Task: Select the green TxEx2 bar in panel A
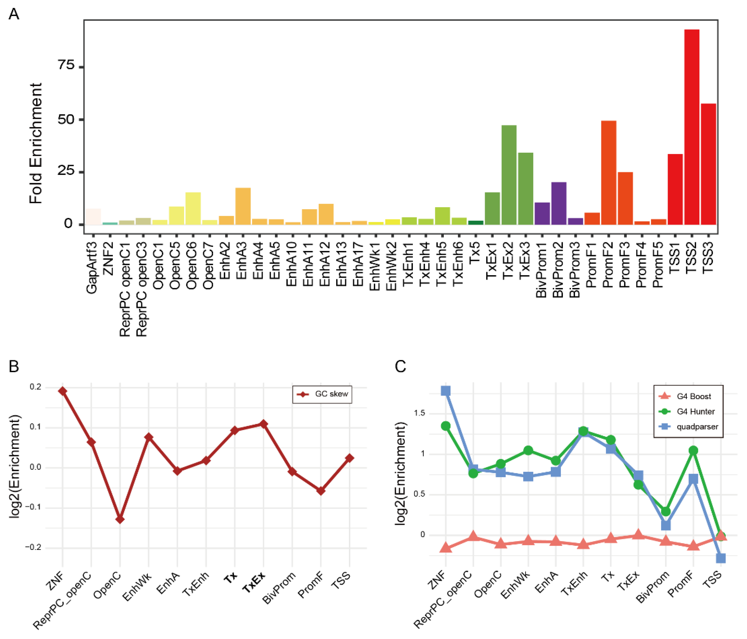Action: tap(509, 175)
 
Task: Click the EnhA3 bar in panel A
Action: tap(243, 206)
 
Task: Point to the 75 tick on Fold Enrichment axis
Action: tap(66, 65)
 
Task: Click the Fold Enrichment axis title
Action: tap(36, 143)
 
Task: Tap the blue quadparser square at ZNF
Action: tap(446, 391)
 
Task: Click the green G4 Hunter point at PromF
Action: tap(693, 450)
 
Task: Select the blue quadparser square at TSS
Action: tap(720, 558)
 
